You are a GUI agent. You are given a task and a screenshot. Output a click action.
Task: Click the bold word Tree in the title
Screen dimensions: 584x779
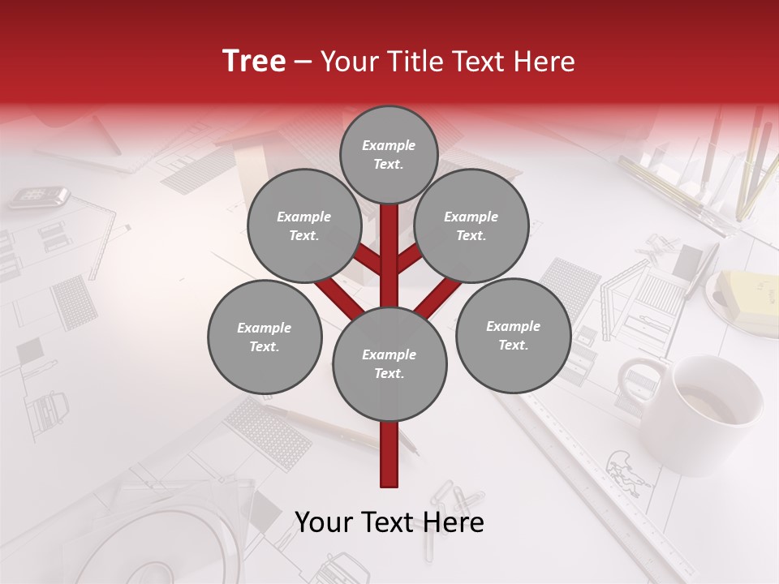254,61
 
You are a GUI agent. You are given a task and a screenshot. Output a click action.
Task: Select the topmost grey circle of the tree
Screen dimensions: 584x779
389,154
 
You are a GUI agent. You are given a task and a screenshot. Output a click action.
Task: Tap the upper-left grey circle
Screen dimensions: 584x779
303,225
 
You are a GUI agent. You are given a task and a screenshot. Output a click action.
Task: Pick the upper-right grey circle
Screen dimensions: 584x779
471,225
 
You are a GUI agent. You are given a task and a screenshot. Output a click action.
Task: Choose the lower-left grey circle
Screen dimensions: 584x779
264,337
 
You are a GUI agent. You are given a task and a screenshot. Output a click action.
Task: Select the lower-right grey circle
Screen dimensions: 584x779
513,335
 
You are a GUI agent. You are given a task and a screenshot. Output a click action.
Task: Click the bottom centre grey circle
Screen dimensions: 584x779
389,364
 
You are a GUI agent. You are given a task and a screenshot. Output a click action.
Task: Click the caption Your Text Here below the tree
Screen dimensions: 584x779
389,522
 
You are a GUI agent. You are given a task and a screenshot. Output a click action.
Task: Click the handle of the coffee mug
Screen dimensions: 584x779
637,381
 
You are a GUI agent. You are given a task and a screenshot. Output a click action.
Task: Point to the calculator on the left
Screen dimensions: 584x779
39,196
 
